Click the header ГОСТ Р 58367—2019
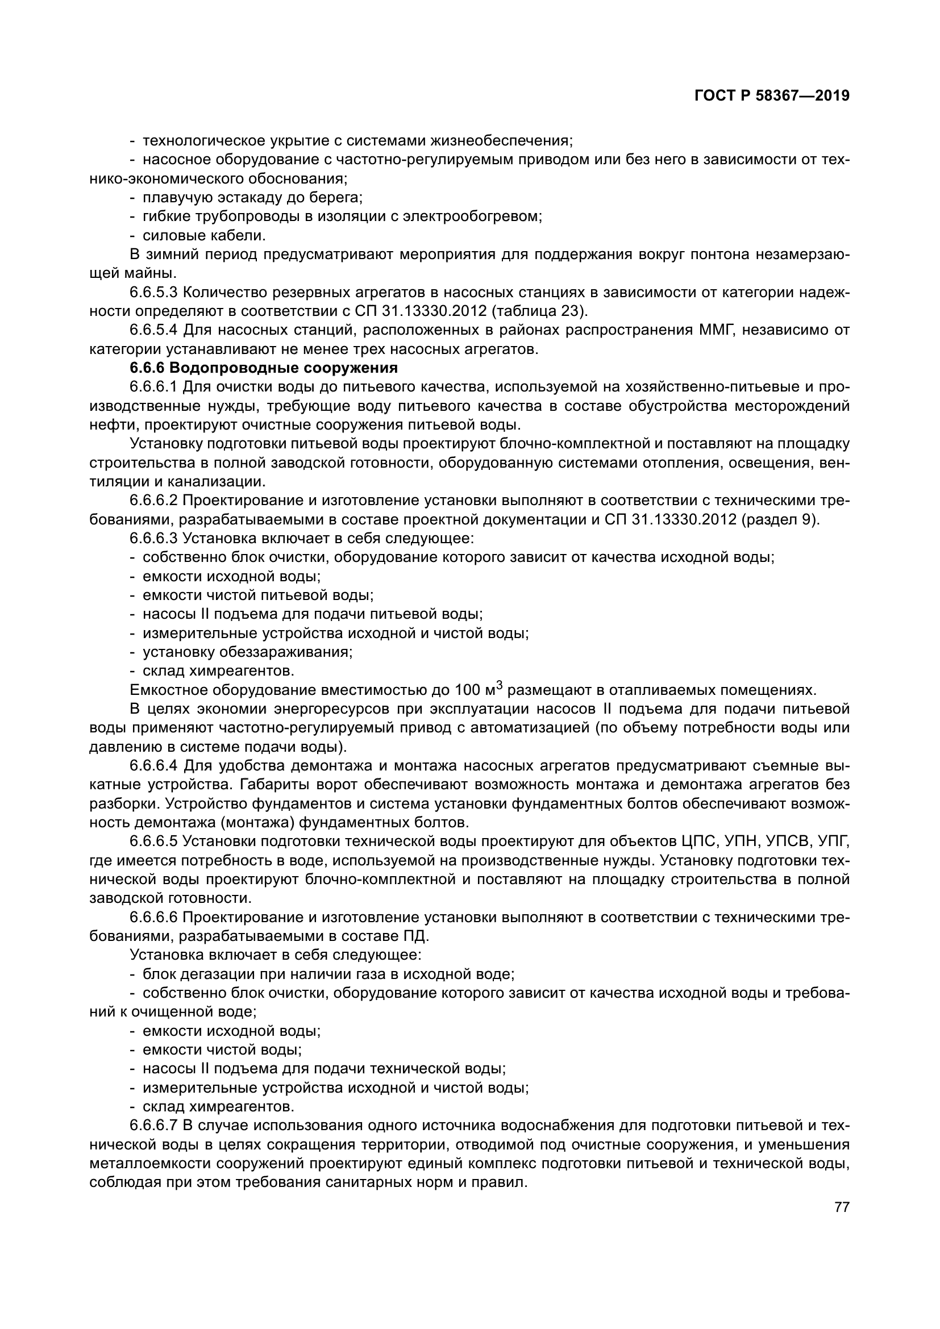(772, 96)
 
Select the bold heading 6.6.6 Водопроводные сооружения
(264, 368)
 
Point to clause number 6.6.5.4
(155, 331)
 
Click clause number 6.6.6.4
(155, 766)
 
